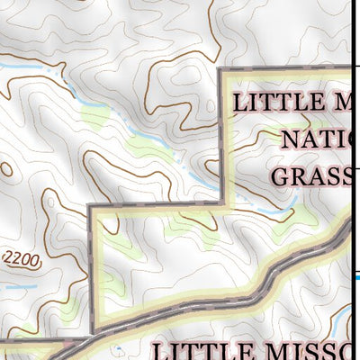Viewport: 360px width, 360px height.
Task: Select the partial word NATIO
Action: pyautogui.click(x=318, y=139)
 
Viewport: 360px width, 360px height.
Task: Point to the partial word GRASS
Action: pyautogui.click(x=310, y=175)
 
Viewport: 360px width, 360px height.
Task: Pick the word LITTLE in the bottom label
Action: pyautogui.click(x=197, y=350)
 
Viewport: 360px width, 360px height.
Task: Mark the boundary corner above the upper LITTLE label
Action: pyautogui.click(x=221, y=71)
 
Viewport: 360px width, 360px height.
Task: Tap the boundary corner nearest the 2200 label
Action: pyautogui.click(x=92, y=208)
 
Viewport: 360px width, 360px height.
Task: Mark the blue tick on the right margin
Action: pyautogui.click(x=356, y=276)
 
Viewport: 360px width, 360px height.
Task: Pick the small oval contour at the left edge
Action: pyautogui.click(x=5, y=168)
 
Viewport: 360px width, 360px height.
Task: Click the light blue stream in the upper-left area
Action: pyautogui.click(x=36, y=67)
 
